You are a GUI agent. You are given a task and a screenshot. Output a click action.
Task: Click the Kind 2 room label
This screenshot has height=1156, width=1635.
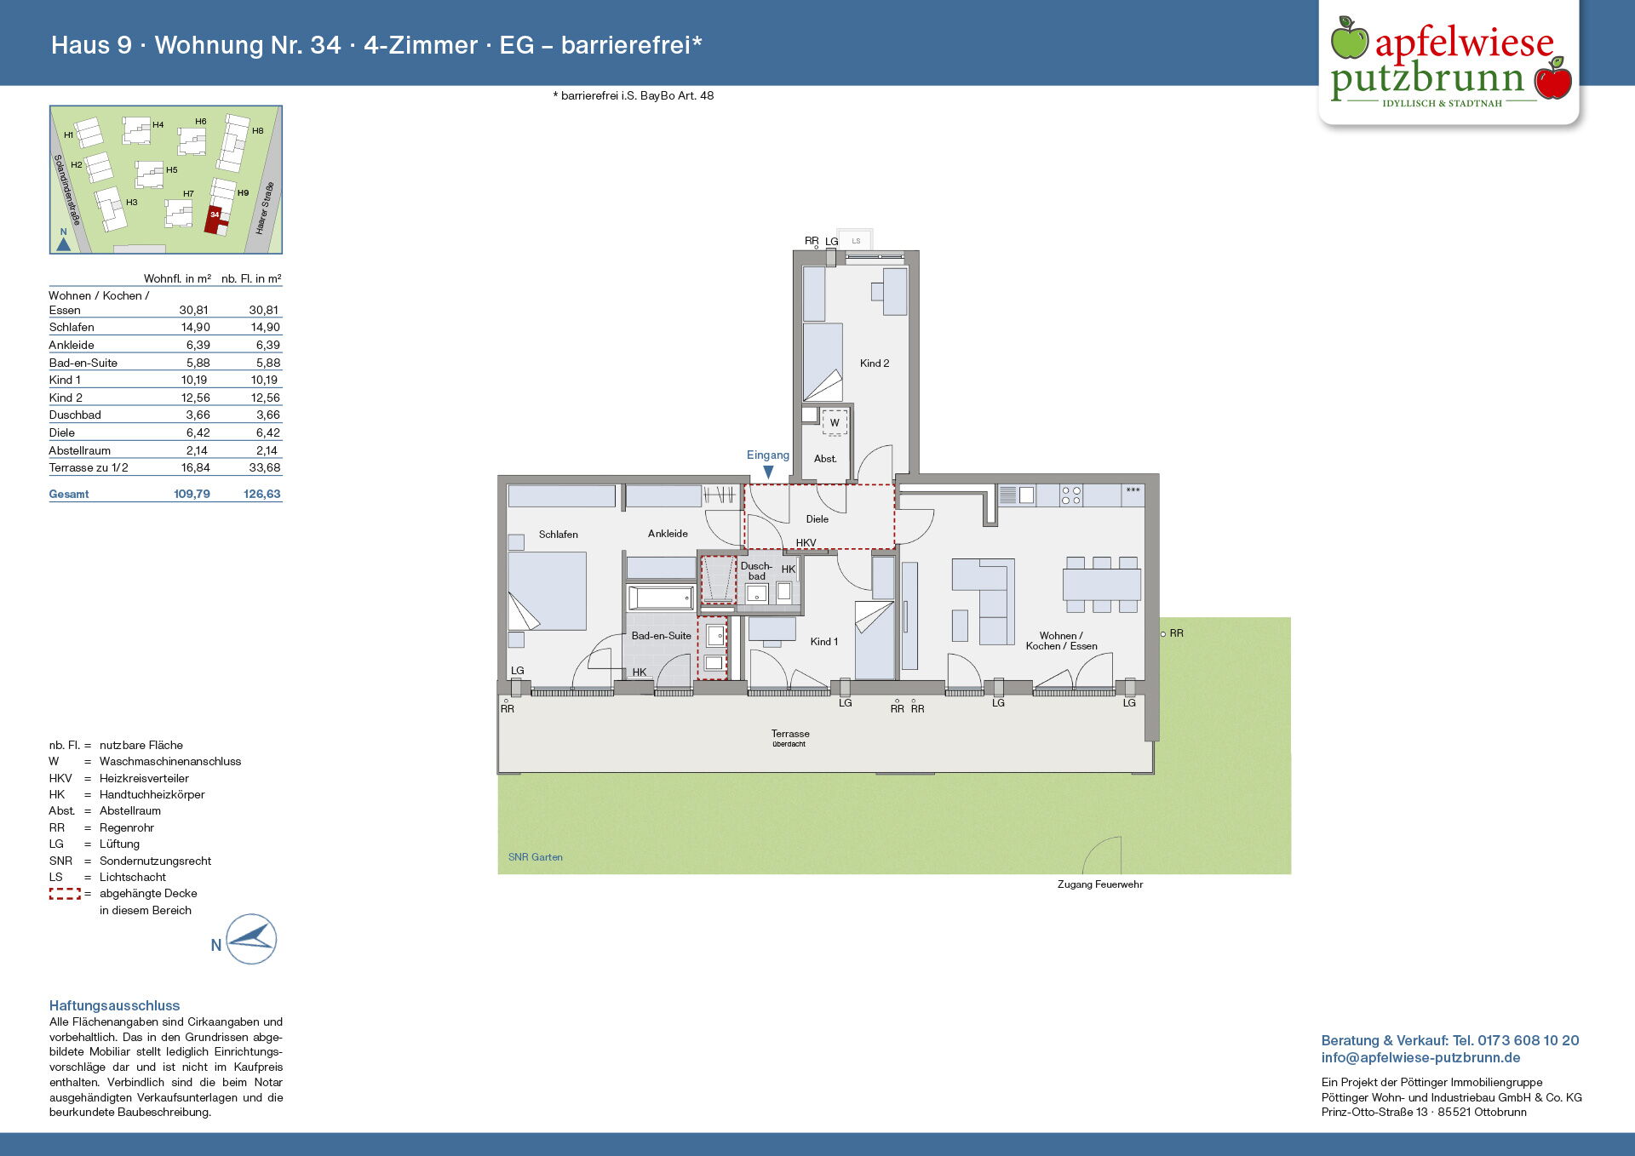point(875,363)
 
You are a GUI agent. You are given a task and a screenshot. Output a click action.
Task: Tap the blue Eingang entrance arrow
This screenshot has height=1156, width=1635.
point(768,472)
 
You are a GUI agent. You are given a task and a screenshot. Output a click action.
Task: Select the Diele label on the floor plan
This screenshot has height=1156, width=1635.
point(817,519)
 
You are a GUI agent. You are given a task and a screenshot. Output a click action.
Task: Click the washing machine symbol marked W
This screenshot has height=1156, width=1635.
point(835,422)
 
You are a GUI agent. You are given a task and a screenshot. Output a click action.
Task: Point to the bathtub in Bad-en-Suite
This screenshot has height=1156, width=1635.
point(661,598)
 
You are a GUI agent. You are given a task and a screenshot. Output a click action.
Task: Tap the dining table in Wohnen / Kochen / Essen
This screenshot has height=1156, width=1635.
point(1101,585)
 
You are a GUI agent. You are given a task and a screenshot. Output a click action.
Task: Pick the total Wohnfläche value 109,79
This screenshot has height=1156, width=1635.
point(192,494)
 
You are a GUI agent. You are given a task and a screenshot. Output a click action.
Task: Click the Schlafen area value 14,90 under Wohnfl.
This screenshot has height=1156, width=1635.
point(195,327)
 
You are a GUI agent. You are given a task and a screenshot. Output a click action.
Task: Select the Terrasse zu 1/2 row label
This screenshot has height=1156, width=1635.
point(89,468)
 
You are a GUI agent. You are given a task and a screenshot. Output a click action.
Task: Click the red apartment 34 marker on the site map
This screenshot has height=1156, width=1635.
point(215,219)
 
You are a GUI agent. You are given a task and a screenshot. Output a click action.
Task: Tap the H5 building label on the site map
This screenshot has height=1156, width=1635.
point(172,170)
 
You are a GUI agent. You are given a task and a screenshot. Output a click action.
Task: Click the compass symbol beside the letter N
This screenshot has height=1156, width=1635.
point(251,939)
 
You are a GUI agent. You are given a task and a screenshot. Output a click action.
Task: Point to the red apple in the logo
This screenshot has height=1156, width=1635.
point(1553,80)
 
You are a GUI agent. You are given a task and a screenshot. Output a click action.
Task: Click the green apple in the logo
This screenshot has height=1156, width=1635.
point(1349,38)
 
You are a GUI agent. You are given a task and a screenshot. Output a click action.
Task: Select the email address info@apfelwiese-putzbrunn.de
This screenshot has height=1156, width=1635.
point(1420,1058)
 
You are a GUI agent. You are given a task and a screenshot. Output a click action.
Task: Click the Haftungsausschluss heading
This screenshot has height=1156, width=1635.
point(115,1005)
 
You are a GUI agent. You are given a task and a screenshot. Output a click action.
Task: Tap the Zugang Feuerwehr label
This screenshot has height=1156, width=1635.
point(1100,884)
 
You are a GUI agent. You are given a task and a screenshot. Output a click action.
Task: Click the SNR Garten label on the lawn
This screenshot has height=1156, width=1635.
point(536,857)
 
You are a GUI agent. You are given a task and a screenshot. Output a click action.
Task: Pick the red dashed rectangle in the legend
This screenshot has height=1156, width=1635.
point(65,894)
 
